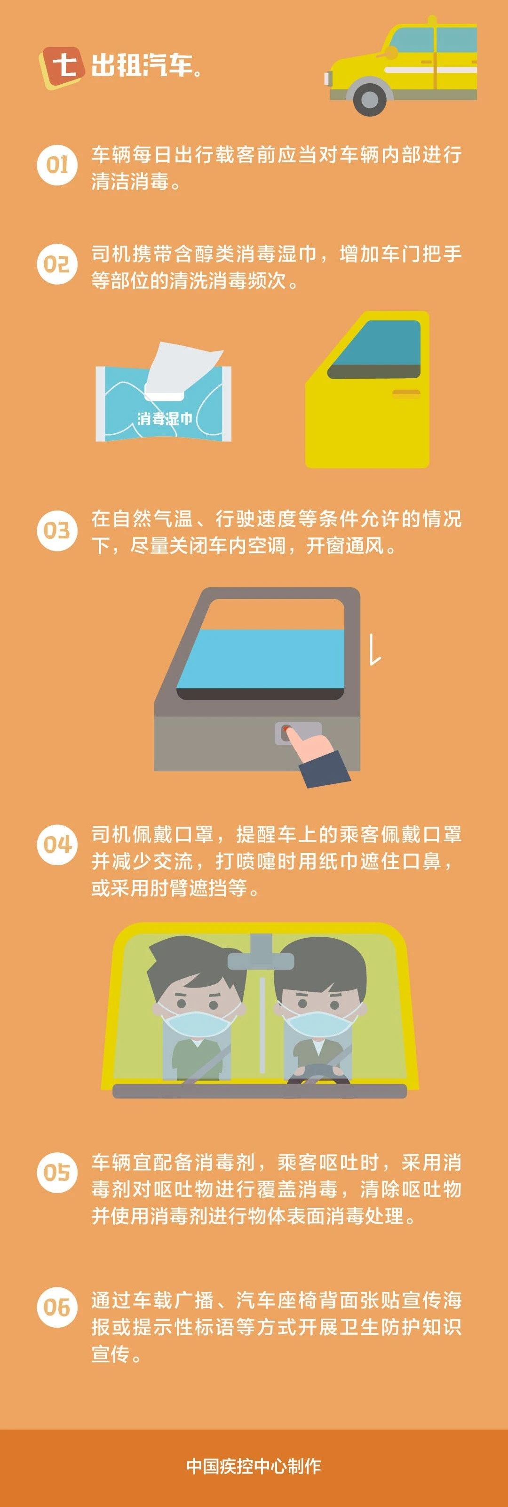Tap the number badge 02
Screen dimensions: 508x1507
57,264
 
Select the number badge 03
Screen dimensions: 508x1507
57,530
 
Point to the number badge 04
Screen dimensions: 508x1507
57,844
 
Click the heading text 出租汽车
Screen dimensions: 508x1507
142,65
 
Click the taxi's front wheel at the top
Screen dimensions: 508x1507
369,98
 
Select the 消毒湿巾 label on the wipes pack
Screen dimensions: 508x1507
164,419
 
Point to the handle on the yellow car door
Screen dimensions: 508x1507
406,393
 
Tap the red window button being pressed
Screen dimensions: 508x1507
286,731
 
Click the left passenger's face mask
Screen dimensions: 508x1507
197,1021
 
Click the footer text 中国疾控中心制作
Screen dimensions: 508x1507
254,1466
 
